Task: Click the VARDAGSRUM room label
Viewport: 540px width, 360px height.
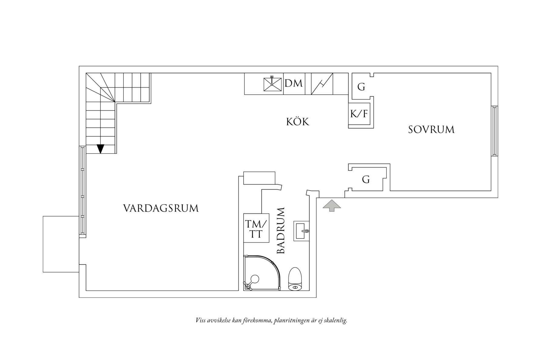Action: click(x=161, y=208)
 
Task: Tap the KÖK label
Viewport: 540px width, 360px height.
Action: click(x=298, y=122)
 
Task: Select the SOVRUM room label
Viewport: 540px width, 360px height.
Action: click(x=431, y=130)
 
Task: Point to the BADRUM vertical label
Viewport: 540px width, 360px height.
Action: click(x=281, y=230)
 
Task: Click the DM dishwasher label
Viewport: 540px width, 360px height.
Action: click(x=294, y=83)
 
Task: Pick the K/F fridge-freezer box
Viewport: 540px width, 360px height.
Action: click(x=359, y=114)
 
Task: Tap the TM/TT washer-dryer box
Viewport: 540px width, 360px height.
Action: click(x=256, y=228)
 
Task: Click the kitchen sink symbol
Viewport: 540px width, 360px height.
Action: click(x=272, y=84)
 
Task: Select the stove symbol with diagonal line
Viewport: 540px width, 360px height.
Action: click(x=322, y=84)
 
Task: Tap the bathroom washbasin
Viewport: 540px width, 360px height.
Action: click(x=301, y=231)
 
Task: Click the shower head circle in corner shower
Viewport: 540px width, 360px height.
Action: click(x=255, y=278)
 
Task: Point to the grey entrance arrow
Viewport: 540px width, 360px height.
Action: click(x=332, y=205)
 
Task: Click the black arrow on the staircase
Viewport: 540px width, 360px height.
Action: click(x=100, y=149)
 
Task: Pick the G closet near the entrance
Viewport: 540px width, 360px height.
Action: click(x=366, y=180)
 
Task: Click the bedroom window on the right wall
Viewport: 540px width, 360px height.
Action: click(x=494, y=131)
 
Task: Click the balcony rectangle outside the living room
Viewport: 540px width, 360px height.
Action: click(x=61, y=244)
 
